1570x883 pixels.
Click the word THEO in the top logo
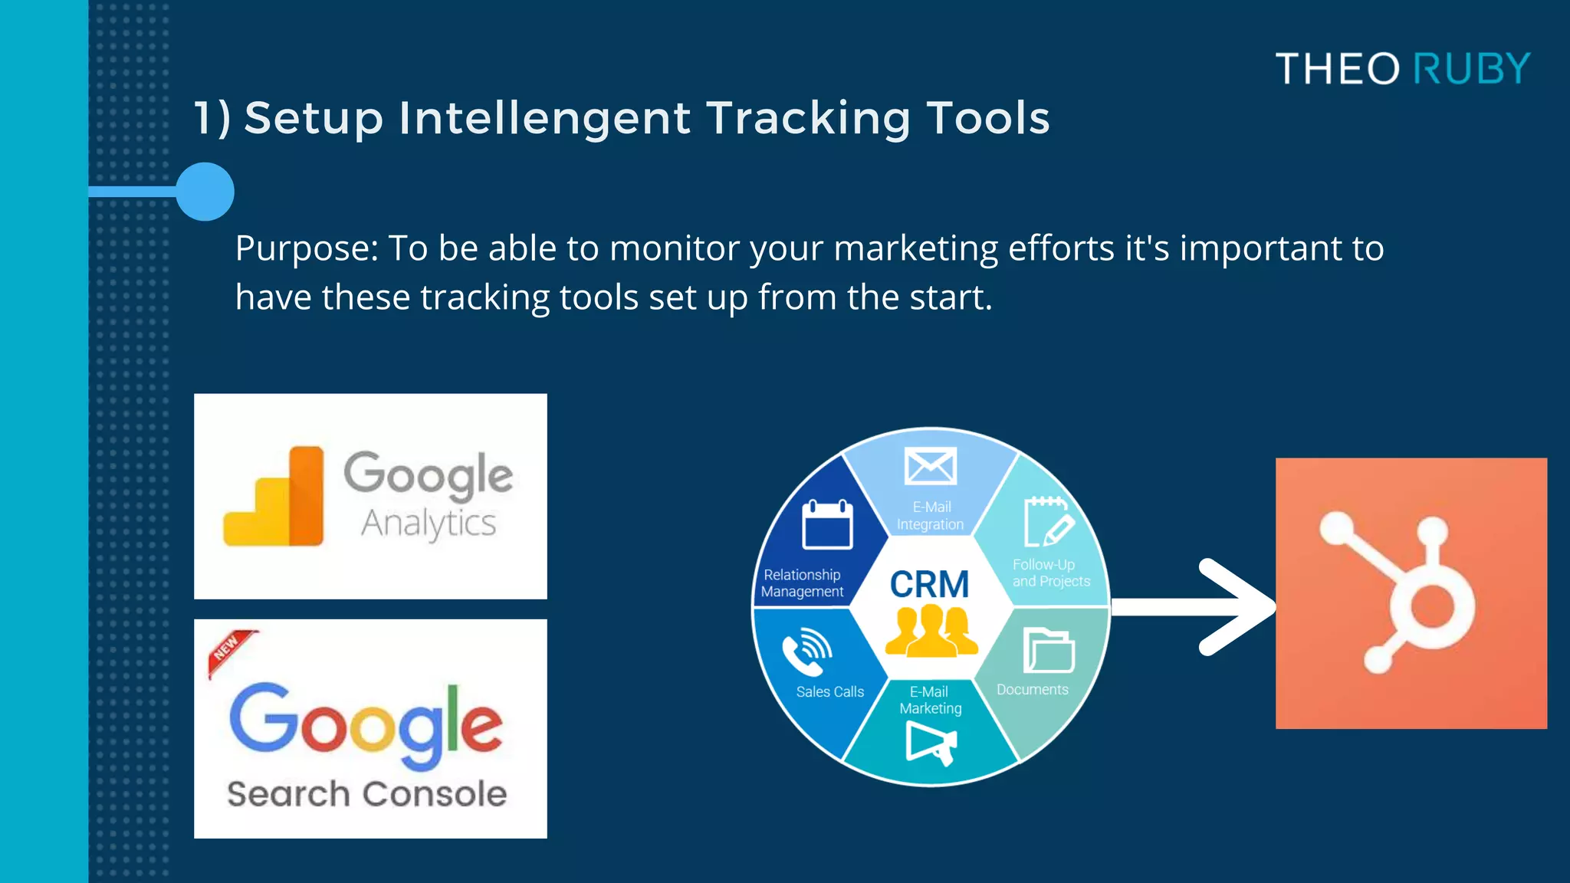point(1338,69)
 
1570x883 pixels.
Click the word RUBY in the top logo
point(1471,69)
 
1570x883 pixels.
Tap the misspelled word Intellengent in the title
point(544,118)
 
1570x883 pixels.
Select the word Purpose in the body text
point(306,248)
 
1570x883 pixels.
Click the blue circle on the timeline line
point(205,192)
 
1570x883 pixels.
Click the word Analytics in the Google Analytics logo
point(429,524)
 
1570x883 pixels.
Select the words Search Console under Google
point(367,794)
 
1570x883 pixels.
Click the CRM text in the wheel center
point(929,584)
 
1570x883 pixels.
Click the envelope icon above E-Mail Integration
point(930,466)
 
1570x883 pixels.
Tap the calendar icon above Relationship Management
point(827,525)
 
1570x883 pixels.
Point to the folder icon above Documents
point(1048,651)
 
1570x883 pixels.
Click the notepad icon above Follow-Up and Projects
point(1047,522)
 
